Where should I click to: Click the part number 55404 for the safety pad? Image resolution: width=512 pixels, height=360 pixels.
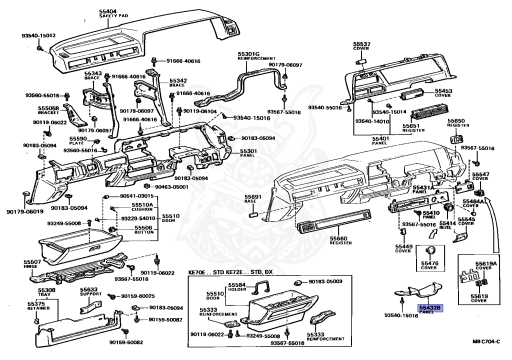point(108,11)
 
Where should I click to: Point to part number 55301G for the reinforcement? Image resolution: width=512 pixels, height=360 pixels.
point(248,53)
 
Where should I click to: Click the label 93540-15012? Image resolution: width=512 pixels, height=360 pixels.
point(38,35)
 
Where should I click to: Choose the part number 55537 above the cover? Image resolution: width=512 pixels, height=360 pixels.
point(361,44)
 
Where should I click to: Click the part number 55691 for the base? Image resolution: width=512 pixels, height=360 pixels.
point(253,197)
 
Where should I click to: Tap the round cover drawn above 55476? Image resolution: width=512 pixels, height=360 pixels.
point(429,251)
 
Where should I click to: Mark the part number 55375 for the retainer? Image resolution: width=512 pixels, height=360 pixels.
point(35,303)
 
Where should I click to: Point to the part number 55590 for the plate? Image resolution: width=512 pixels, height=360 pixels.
point(78,138)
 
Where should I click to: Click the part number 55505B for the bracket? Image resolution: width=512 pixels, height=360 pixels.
point(48,108)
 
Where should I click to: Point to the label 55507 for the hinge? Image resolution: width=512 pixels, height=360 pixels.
point(32,261)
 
